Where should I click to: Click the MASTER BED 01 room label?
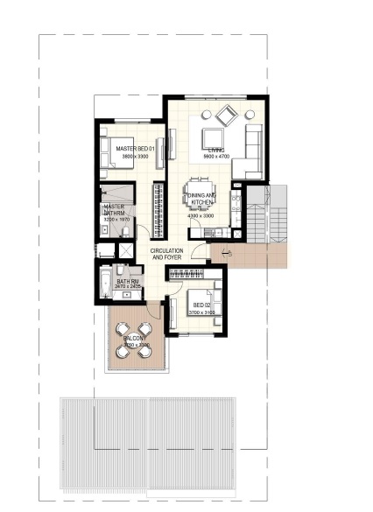coord(135,149)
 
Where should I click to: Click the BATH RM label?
coord(128,281)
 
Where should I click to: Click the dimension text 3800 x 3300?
coord(135,157)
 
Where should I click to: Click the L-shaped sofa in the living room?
coord(252,149)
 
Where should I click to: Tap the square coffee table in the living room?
coord(213,137)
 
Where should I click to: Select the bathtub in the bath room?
coord(105,282)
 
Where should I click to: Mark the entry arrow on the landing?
coord(224,255)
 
